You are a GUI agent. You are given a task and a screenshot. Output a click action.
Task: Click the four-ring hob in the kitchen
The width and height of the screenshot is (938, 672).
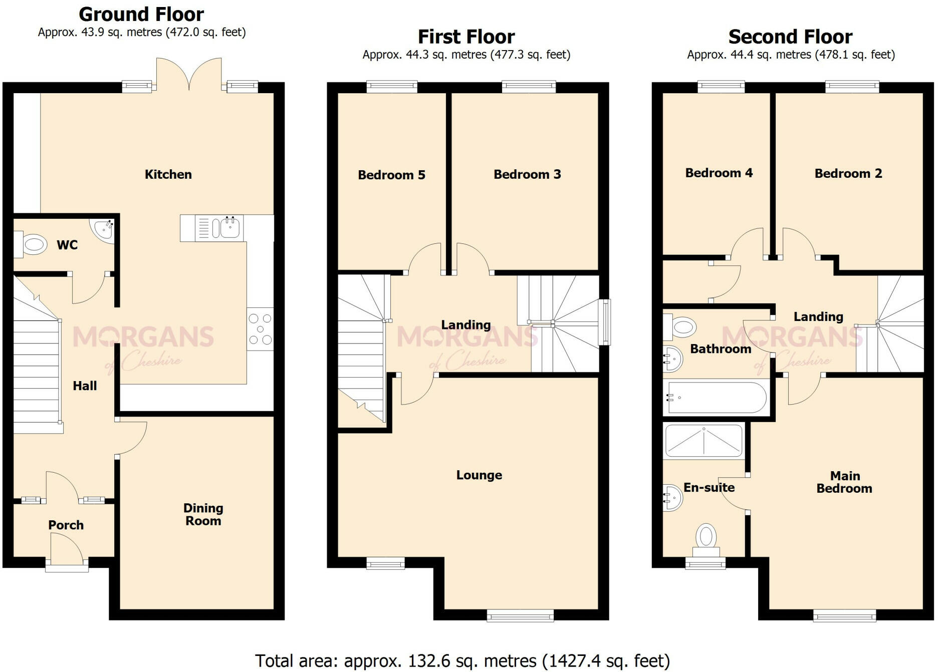click(260, 328)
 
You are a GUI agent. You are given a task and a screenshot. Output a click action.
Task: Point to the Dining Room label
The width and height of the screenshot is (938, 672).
click(203, 514)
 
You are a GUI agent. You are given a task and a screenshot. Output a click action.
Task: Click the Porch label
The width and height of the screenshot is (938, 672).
click(66, 525)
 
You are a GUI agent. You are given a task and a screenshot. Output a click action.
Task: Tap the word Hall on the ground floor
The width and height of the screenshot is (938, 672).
click(85, 386)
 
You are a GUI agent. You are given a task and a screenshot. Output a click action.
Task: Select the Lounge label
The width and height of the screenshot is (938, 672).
click(479, 475)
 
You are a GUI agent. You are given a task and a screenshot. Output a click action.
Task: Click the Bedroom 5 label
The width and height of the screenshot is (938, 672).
click(391, 175)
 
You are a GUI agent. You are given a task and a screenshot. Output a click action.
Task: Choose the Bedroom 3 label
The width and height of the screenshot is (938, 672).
click(527, 174)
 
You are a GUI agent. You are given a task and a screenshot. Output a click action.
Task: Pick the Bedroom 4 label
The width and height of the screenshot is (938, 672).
click(719, 173)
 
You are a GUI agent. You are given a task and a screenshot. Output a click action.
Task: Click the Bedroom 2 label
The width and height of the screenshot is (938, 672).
click(848, 173)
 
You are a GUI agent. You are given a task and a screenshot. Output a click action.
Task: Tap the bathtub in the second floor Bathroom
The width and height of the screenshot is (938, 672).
click(716, 398)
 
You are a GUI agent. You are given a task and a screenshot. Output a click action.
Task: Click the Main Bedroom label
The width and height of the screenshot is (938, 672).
click(844, 482)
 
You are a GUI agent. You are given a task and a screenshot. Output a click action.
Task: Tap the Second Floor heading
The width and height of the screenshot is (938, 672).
click(790, 37)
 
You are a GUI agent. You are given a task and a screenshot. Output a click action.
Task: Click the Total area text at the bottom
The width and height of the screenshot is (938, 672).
click(462, 661)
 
